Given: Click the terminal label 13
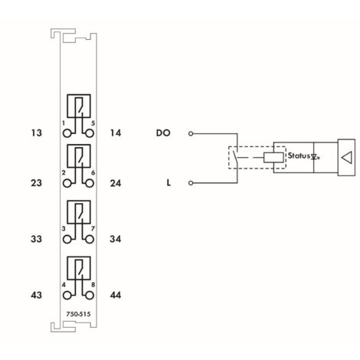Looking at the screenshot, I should click(32, 133).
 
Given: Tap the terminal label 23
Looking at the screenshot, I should click(32, 183).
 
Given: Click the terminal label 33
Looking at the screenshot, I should click(32, 239).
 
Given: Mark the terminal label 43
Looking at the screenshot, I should click(32, 294).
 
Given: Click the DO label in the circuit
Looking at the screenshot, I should click(162, 133).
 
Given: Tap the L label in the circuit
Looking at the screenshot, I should click(167, 183).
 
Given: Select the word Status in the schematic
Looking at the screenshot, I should click(297, 156).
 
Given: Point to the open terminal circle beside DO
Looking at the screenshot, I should click(191, 133).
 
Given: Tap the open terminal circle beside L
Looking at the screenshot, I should click(191, 183).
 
